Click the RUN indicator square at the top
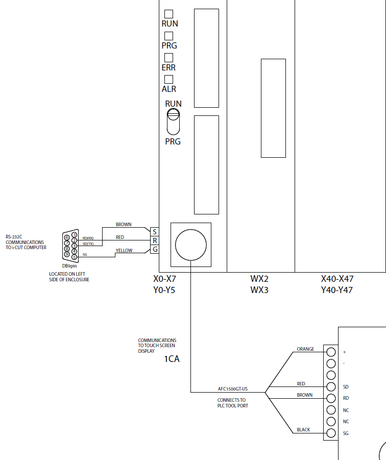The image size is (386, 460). tap(168, 14)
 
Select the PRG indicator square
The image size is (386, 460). tap(168, 36)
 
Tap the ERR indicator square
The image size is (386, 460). tap(168, 58)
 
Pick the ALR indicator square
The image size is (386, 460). tap(168, 80)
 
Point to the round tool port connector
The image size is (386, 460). tap(190, 245)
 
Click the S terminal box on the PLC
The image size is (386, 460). tap(155, 232)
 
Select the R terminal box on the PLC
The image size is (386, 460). tap(155, 240)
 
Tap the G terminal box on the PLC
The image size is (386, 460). tap(155, 249)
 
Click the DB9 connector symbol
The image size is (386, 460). tap(70, 246)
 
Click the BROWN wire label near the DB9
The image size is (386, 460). tap(124, 225)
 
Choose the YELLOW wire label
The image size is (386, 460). tap(124, 251)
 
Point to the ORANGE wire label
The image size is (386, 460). tap(305, 350)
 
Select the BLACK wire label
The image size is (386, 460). tap(303, 430)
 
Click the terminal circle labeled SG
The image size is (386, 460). tap(331, 433)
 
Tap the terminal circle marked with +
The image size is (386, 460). tap(331, 352)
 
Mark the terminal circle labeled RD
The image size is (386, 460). tap(331, 399)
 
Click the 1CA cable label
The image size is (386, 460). tap(172, 359)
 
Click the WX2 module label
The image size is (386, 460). tap(259, 279)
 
